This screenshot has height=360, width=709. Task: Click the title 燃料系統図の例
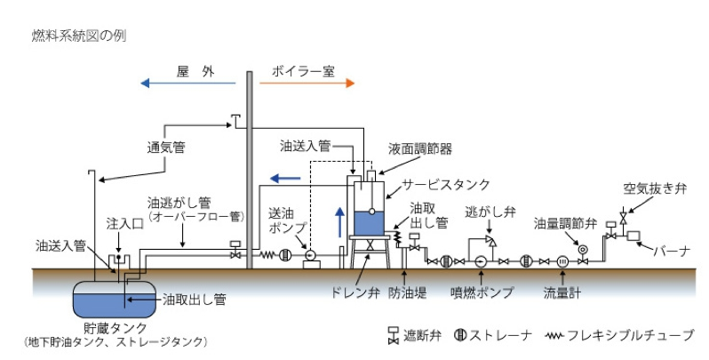point(69,36)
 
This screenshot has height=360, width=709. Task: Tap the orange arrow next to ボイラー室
point(307,83)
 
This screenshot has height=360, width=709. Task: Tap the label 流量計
point(562,291)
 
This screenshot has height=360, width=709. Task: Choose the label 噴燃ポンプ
point(481,291)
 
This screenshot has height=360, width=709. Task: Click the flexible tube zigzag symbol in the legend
point(562,335)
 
